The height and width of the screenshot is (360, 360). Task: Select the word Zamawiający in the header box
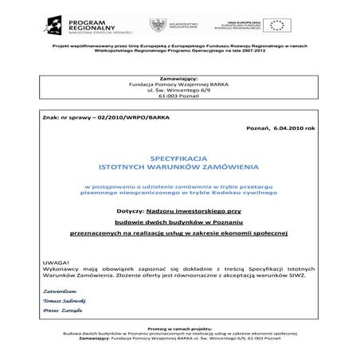179,80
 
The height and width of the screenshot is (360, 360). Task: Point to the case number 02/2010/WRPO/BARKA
119,117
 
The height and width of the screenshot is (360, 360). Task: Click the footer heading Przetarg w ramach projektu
178,337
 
